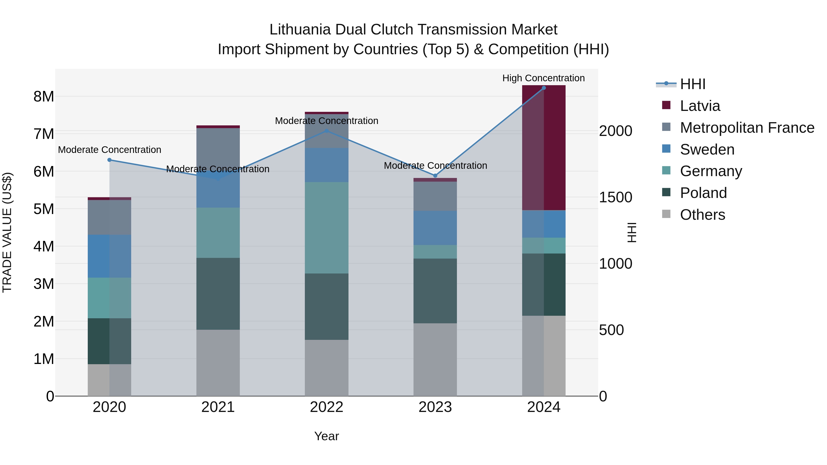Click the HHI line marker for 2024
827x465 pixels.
pos(544,88)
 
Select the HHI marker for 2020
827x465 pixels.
pos(110,160)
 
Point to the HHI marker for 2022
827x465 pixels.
pos(326,131)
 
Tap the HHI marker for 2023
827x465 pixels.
pos(435,175)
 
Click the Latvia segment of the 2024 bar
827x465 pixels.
pos(544,148)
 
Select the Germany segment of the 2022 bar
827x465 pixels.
pos(326,228)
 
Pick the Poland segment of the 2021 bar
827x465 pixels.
pos(218,294)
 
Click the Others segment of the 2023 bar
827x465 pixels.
pos(435,359)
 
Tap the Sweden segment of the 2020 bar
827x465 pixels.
pos(110,256)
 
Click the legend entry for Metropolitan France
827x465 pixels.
pos(747,128)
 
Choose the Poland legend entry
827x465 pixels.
pos(703,193)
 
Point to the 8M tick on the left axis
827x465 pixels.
pos(44,96)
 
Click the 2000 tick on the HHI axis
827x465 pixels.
pos(615,131)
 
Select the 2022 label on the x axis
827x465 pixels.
pos(326,407)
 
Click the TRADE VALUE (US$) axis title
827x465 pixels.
pos(7,232)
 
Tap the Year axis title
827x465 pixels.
pos(326,436)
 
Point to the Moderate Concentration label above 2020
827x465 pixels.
pos(110,150)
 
